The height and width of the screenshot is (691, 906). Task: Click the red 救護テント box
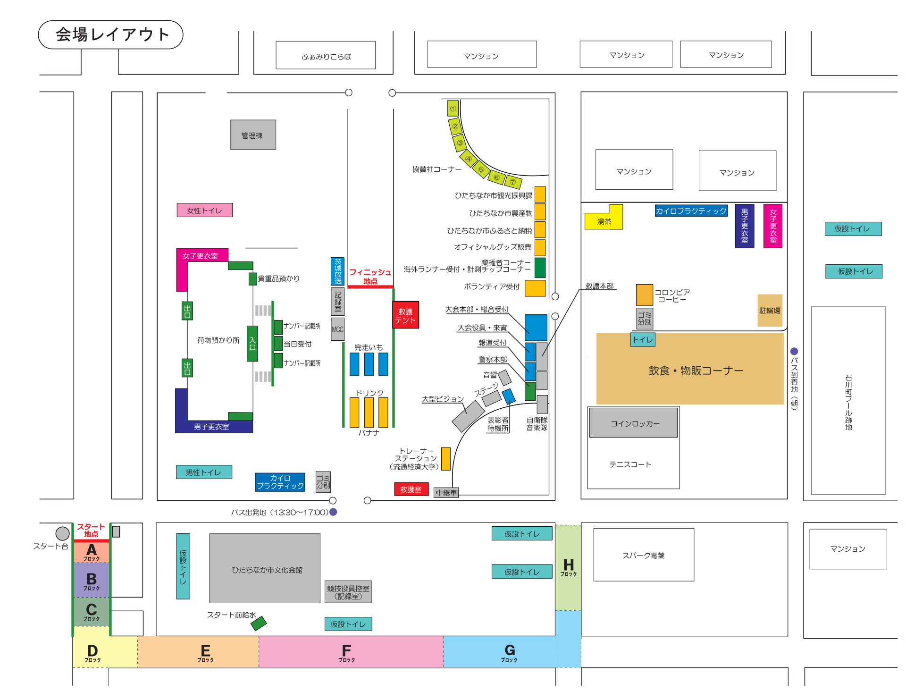click(405, 315)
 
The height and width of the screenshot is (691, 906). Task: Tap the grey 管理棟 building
click(253, 135)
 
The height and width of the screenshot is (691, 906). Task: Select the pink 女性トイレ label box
click(204, 210)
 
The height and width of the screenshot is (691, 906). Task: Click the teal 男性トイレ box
click(204, 472)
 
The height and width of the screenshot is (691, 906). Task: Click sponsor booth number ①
click(453, 109)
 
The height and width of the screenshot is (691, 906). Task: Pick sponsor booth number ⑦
click(513, 182)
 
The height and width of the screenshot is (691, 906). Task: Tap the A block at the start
click(92, 552)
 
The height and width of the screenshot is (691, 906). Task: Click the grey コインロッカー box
click(633, 423)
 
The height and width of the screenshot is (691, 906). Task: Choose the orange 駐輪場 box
click(770, 310)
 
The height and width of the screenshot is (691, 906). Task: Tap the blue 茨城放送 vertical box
click(337, 271)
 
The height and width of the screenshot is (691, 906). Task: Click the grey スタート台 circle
click(62, 533)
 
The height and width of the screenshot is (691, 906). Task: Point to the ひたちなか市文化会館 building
click(265, 569)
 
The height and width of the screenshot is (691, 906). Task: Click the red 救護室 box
click(411, 489)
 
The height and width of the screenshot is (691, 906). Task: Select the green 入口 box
click(252, 343)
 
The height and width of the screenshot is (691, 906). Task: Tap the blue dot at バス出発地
click(333, 512)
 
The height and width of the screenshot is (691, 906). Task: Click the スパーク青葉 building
click(643, 555)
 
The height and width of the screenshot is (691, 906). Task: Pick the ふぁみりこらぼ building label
click(326, 56)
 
